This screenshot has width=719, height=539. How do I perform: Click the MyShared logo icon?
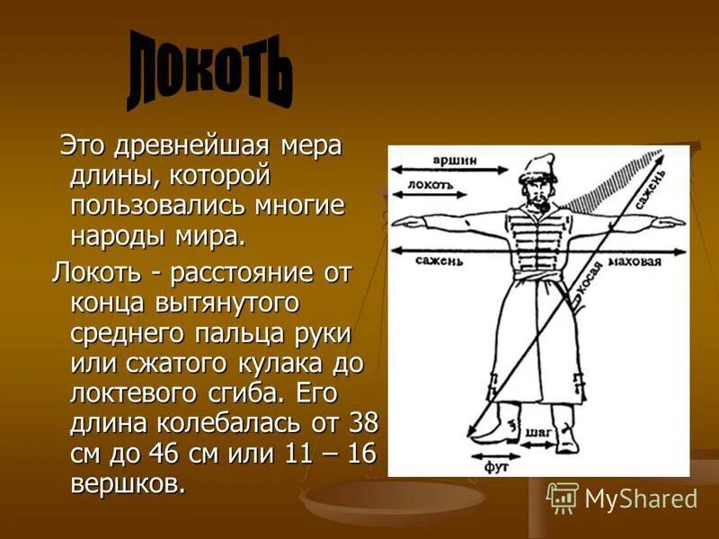tap(563, 497)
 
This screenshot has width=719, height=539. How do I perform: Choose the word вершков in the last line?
tap(128, 482)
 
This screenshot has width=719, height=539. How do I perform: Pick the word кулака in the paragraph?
tap(268, 363)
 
